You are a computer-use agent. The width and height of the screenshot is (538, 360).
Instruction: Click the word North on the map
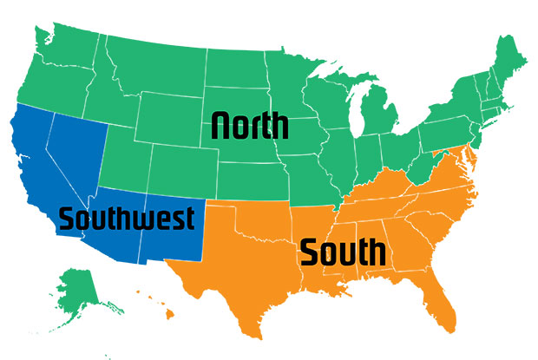pos(250,126)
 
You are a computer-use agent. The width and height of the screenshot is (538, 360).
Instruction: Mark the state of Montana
pos(161,65)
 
